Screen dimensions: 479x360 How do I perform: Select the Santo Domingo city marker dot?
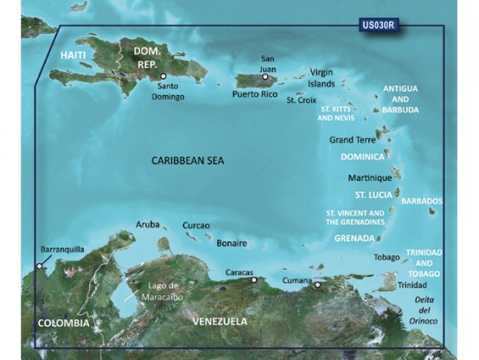163,75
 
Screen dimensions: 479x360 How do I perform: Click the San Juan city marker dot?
265,76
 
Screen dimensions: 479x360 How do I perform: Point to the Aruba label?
149,224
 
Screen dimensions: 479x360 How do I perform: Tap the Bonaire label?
232,243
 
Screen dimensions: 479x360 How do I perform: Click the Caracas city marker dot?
253,280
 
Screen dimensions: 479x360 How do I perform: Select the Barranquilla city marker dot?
39,267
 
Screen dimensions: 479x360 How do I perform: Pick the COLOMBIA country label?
63,323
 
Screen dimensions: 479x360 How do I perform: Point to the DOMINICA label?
361,157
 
